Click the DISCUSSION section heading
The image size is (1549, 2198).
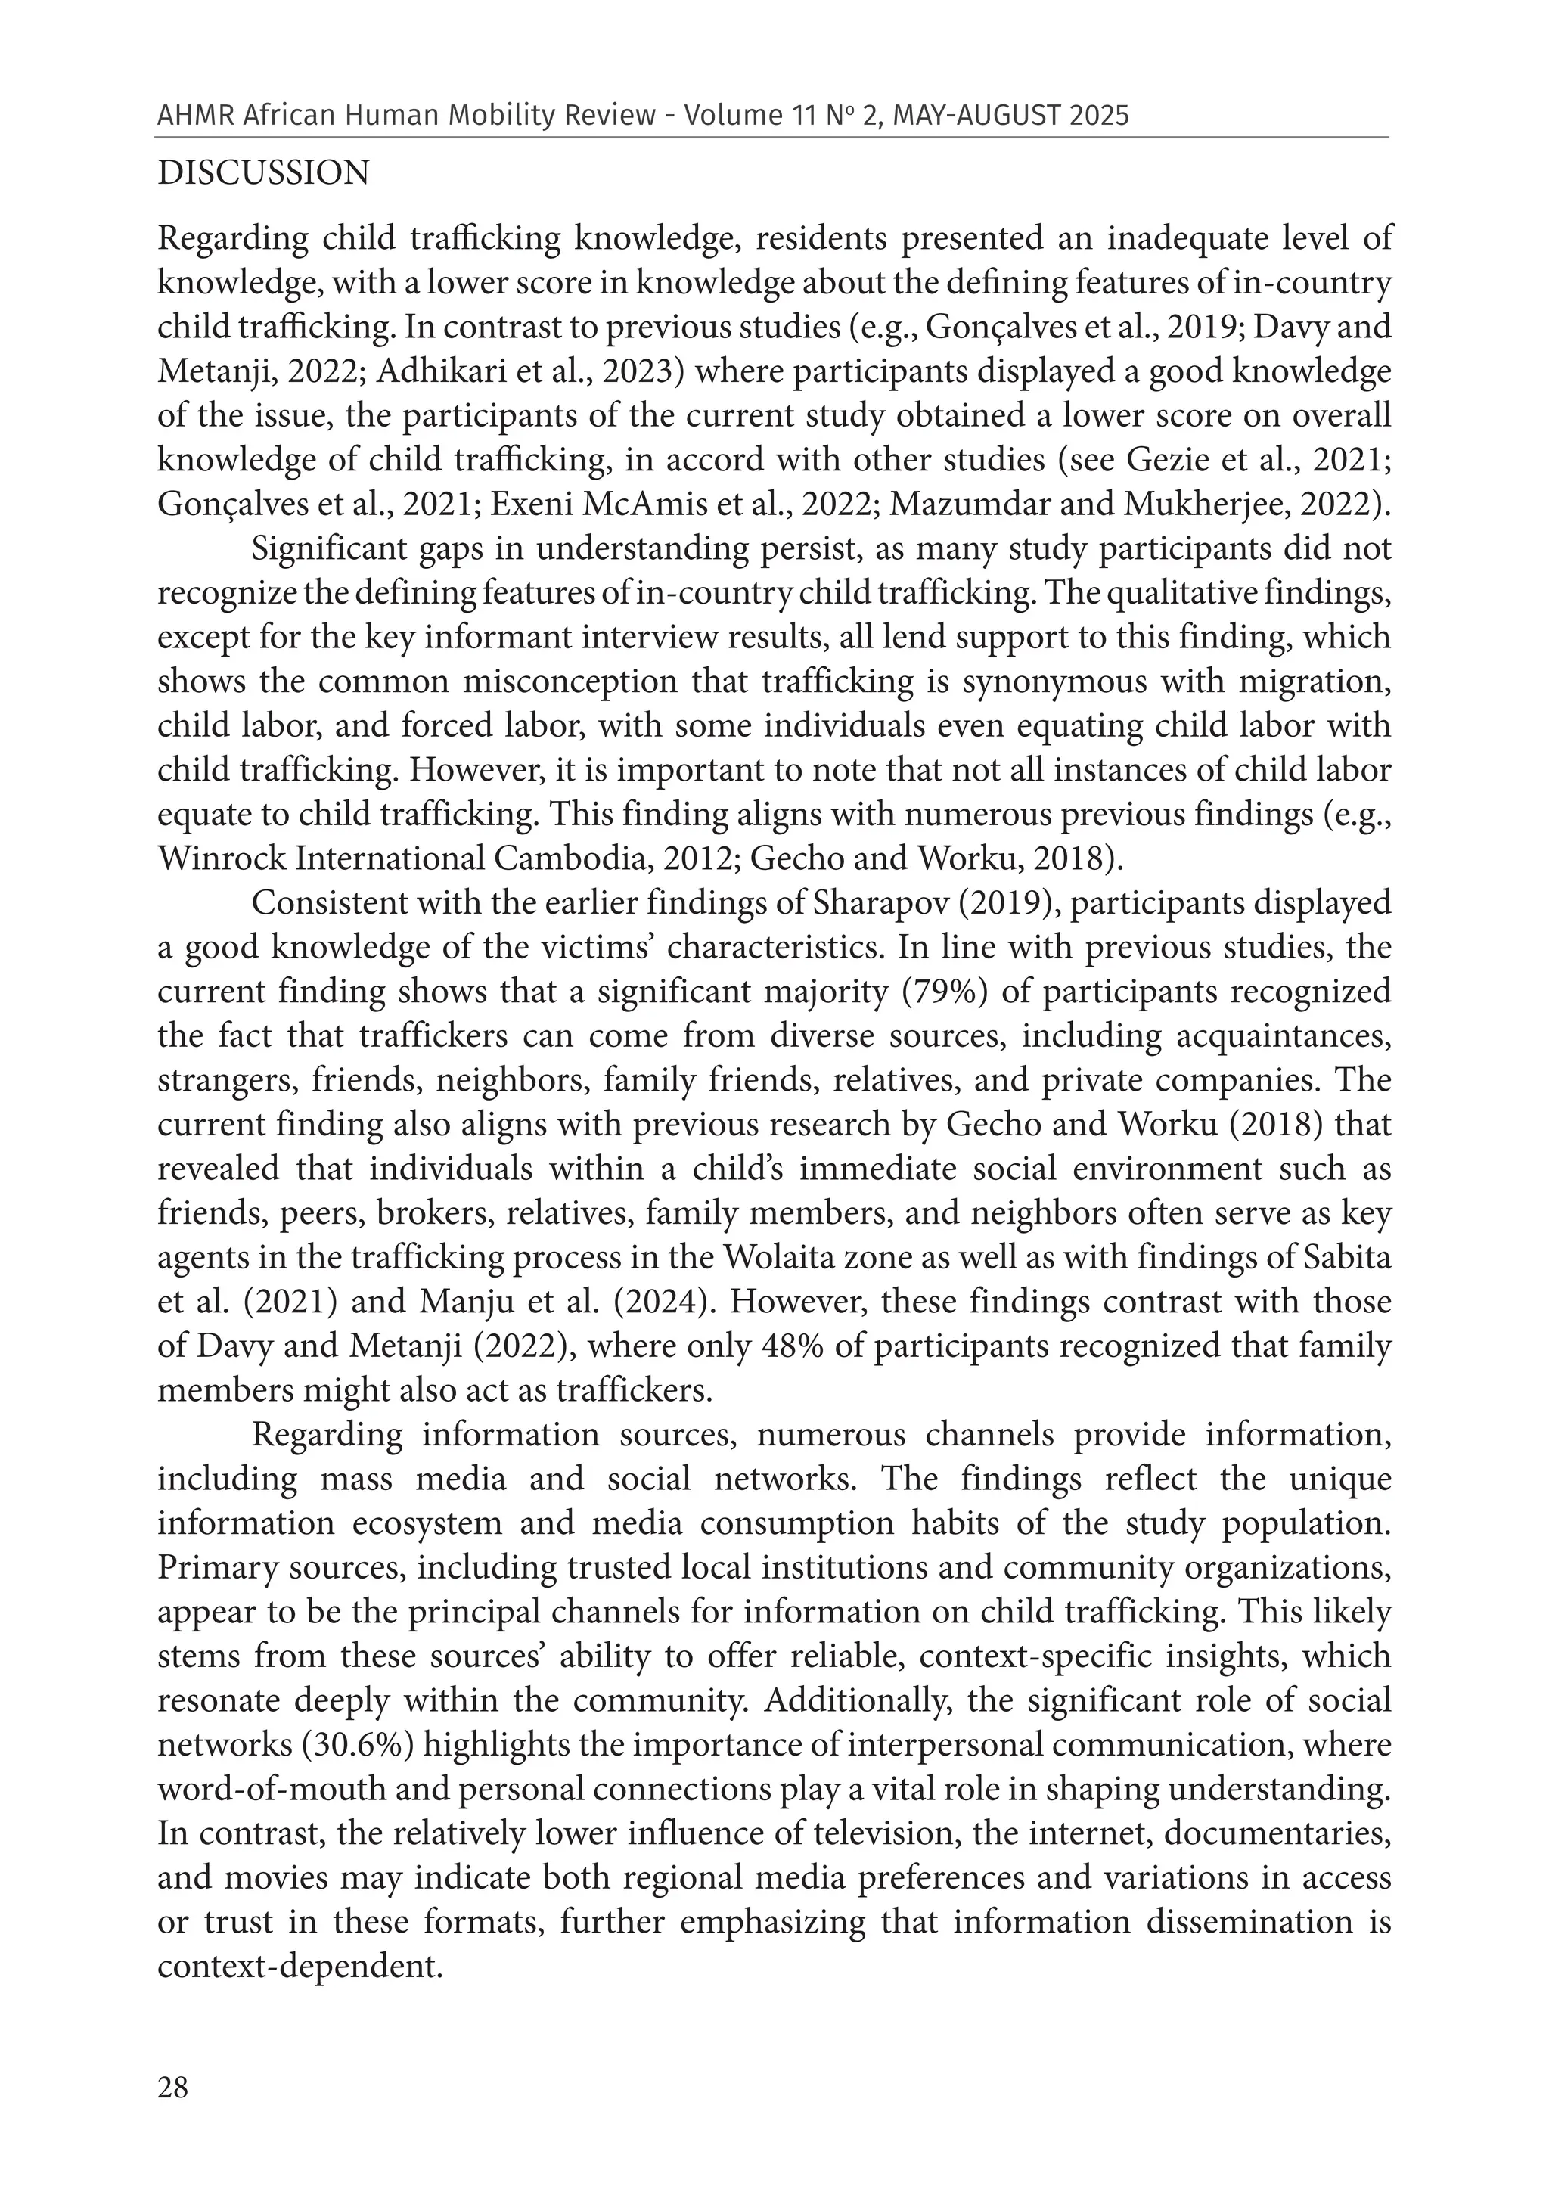point(263,173)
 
